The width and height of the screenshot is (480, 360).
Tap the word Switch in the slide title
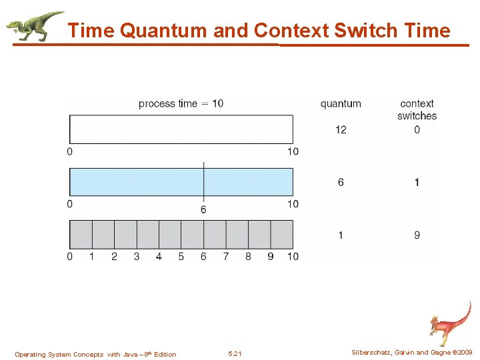[365, 31]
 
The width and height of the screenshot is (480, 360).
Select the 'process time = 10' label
[181, 103]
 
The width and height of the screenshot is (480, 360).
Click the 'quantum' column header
[341, 103]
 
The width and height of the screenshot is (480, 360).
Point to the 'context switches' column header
[417, 109]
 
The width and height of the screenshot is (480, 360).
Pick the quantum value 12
[341, 129]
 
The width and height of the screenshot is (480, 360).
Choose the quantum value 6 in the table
[341, 182]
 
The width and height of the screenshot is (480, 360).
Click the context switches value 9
[417, 235]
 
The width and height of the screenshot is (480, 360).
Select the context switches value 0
[417, 129]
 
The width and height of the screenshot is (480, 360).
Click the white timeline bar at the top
[181, 129]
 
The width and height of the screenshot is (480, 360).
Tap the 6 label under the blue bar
[203, 210]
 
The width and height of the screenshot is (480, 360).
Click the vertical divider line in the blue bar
[203, 181]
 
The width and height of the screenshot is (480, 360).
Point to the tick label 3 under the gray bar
[137, 257]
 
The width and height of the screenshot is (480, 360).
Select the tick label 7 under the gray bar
[226, 257]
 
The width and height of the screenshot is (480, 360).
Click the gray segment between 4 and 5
[170, 234]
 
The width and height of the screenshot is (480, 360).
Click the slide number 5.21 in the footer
[235, 354]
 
